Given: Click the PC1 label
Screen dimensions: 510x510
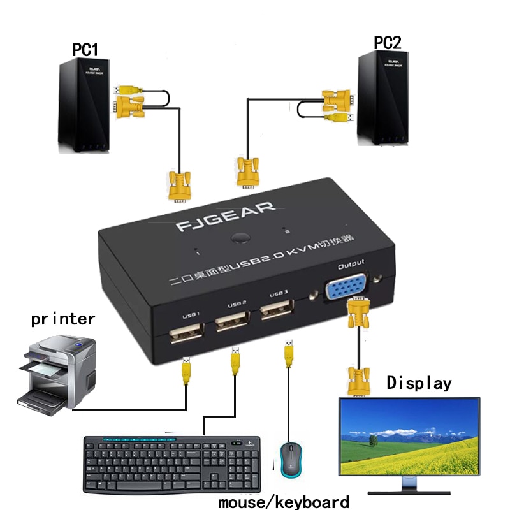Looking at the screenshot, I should coord(85,50).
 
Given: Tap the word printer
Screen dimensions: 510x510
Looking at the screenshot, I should coord(63,319).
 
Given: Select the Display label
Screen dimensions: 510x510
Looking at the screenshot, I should coord(419,383).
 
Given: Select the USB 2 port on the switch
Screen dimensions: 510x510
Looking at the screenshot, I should coord(231,320).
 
